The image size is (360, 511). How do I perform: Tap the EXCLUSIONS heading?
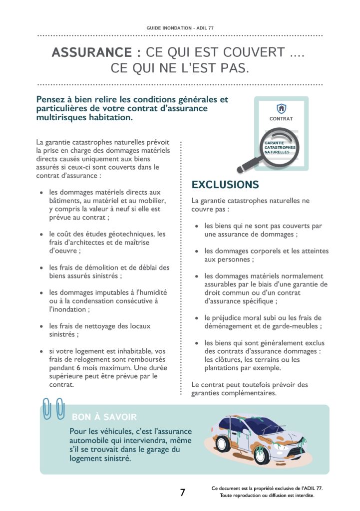tap(225, 185)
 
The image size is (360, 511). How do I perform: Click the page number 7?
tap(182, 493)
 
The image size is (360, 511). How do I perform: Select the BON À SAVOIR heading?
tap(104, 417)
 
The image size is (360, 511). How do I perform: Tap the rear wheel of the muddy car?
tap(222, 443)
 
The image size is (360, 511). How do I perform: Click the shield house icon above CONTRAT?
tap(281, 108)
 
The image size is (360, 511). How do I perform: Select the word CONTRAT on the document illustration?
tap(281, 119)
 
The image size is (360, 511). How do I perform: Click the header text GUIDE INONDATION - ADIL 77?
tap(180, 28)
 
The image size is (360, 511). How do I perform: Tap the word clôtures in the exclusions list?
tap(227, 359)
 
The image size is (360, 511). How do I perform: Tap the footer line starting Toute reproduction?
tap(267, 496)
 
